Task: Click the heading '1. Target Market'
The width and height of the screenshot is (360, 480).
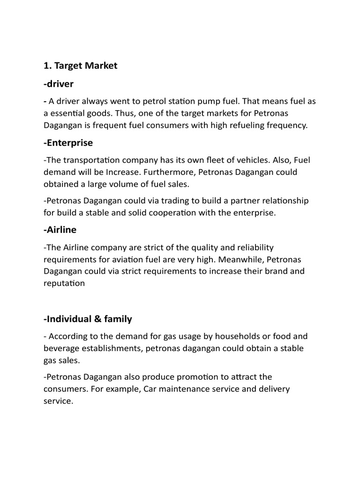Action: (x=80, y=66)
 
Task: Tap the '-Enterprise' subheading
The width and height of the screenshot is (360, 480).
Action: (x=68, y=142)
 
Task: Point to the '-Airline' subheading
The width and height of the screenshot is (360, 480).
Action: (x=60, y=230)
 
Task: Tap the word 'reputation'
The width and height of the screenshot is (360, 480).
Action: (x=64, y=283)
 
